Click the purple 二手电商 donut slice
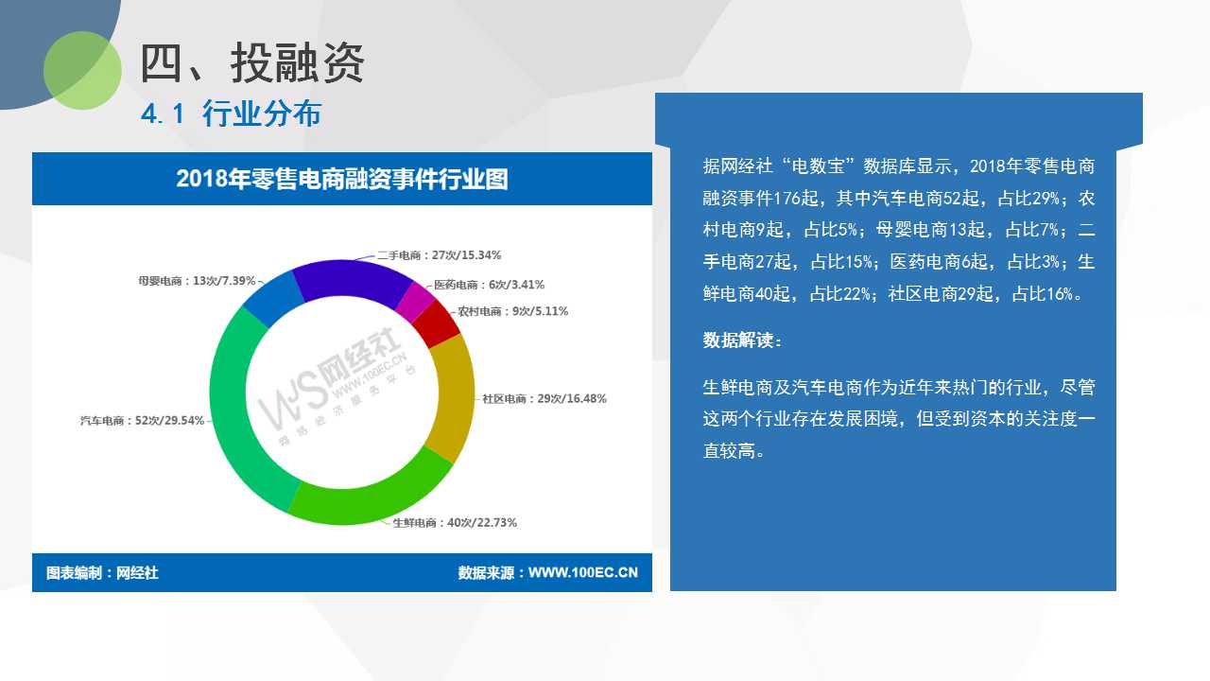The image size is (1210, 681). [x=351, y=278]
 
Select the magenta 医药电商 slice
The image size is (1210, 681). [x=415, y=301]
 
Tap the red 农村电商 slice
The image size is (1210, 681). [x=437, y=323]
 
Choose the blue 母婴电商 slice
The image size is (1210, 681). [x=273, y=297]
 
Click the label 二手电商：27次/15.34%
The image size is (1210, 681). [x=439, y=255]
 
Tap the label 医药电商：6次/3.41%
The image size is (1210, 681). [x=489, y=285]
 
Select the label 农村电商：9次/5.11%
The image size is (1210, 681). [x=512, y=311]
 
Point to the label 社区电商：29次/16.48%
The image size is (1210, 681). [x=544, y=399]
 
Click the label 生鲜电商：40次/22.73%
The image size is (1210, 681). [x=455, y=523]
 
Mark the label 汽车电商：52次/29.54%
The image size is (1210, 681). [x=142, y=421]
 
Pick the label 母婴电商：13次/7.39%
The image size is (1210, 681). [x=197, y=281]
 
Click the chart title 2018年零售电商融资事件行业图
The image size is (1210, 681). [x=342, y=179]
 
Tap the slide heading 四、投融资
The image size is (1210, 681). [x=252, y=63]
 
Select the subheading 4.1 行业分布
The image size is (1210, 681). [x=232, y=114]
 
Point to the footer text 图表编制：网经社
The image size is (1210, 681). [x=102, y=573]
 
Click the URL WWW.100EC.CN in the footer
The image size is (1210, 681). [x=583, y=573]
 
